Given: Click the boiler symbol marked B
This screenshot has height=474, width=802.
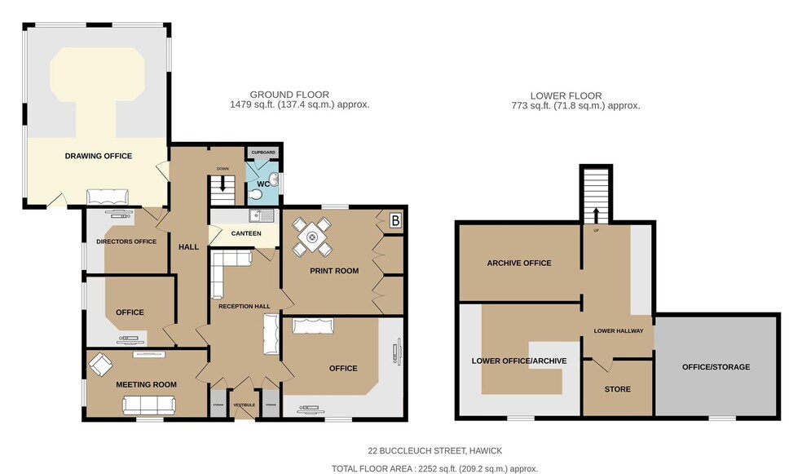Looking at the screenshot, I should click(x=395, y=219).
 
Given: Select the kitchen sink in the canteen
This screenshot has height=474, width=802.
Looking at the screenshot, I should click(x=260, y=216).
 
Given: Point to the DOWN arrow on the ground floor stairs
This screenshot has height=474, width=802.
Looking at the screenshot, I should click(x=223, y=184).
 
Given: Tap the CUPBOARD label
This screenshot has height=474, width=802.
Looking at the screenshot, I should click(x=263, y=153).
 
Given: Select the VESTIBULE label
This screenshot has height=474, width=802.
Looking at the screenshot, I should click(x=245, y=405).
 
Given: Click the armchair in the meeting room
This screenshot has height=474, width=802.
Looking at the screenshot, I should click(x=101, y=364).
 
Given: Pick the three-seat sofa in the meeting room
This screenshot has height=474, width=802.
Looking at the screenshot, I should click(x=148, y=404).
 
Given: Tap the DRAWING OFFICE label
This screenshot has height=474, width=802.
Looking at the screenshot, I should click(x=99, y=156).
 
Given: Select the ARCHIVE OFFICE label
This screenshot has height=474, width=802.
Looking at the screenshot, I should click(x=519, y=263).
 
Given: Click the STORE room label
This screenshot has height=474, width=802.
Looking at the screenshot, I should click(x=618, y=389).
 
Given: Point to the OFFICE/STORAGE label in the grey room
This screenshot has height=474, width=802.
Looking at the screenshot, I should click(x=716, y=367).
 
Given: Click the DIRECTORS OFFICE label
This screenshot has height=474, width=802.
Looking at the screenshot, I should click(x=126, y=241).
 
